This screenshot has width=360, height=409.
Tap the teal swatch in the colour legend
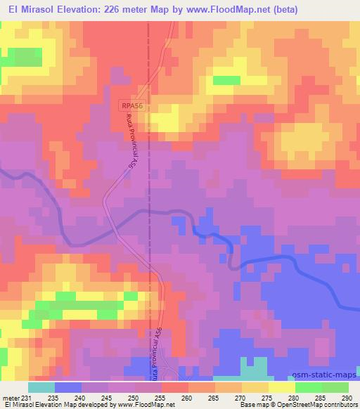pos(41,388)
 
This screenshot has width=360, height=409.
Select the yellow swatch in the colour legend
pos(282,388)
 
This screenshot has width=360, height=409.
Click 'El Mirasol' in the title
pos(29,10)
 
